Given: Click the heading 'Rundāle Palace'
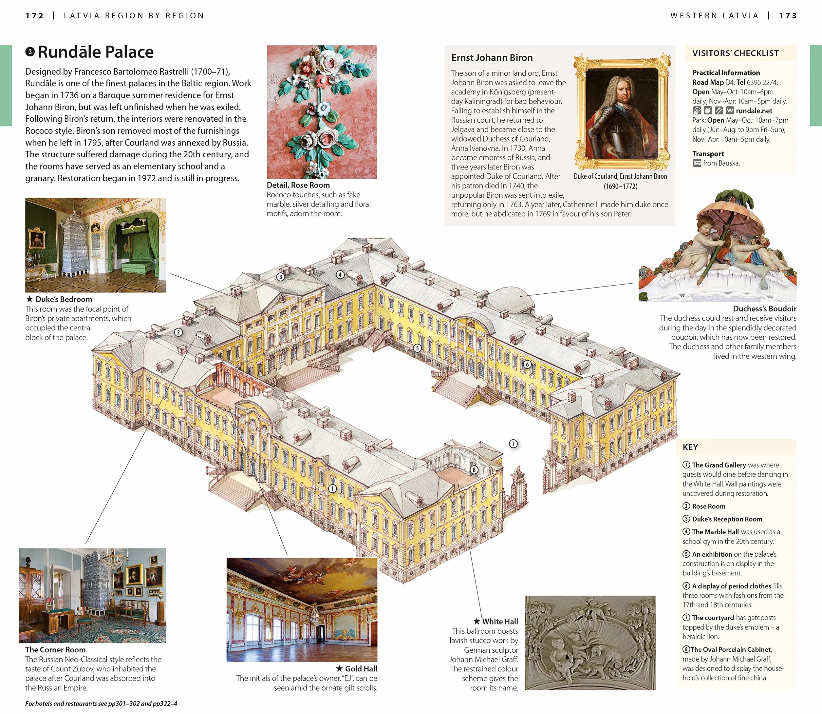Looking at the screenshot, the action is tap(96, 52).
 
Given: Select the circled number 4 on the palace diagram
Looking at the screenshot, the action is tap(340, 274).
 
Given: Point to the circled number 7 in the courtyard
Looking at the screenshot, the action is tap(514, 444).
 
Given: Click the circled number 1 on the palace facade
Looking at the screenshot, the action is tap(332, 489).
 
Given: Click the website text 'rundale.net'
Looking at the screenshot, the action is tap(754, 111).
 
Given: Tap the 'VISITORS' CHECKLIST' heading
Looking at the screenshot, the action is tap(735, 53).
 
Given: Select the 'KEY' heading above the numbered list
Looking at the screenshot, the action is tap(690, 447).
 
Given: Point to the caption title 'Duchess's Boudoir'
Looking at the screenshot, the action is tap(765, 309).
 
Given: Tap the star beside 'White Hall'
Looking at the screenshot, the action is tap(477, 621).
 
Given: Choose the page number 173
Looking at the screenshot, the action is tap(788, 15).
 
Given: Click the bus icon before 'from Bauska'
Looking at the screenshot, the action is tap(697, 163).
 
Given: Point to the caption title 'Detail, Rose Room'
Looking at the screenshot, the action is tap(298, 185).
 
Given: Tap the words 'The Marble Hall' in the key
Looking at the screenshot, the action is tap(715, 532).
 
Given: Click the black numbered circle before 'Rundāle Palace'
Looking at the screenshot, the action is tap(30, 52).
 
